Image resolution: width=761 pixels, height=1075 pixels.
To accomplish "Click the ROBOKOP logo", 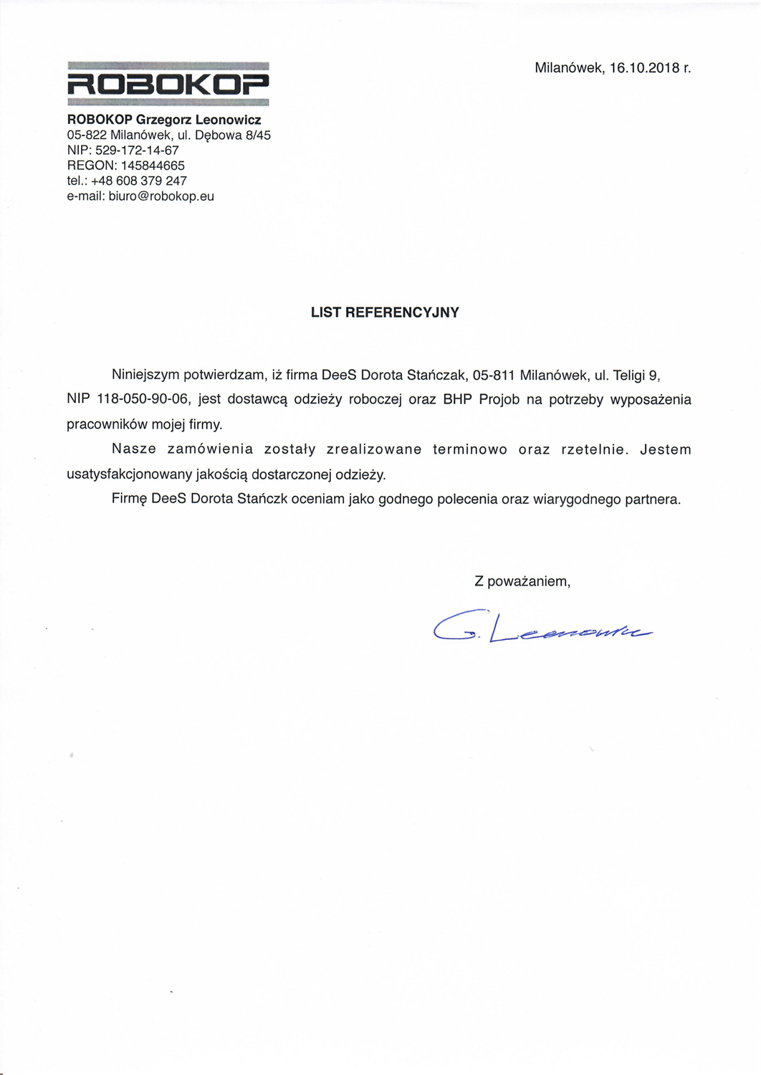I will tap(168, 85).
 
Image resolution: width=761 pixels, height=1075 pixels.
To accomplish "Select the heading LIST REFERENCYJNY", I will tap(385, 312).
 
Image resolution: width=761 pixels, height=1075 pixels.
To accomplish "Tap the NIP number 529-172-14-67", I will tap(137, 150).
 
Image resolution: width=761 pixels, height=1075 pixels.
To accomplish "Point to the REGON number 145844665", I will tap(152, 166).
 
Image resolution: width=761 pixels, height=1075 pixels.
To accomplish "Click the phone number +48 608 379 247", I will tap(139, 181).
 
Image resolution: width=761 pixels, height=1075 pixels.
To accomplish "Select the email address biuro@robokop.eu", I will tap(161, 196).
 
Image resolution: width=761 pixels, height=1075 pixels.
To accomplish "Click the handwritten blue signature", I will tap(542, 627).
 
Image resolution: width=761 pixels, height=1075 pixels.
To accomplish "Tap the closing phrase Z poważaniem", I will tap(522, 581).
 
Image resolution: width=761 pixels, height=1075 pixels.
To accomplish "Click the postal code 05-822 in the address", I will tap(87, 135).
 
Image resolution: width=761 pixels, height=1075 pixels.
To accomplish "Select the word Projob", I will tap(499, 400).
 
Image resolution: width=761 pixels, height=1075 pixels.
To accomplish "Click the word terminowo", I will tap(469, 450).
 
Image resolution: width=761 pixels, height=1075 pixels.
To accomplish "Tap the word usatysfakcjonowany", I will tap(129, 474).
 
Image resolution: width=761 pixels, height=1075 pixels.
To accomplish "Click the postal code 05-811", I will tap(494, 375).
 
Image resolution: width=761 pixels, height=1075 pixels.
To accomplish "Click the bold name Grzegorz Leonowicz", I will tap(198, 120).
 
